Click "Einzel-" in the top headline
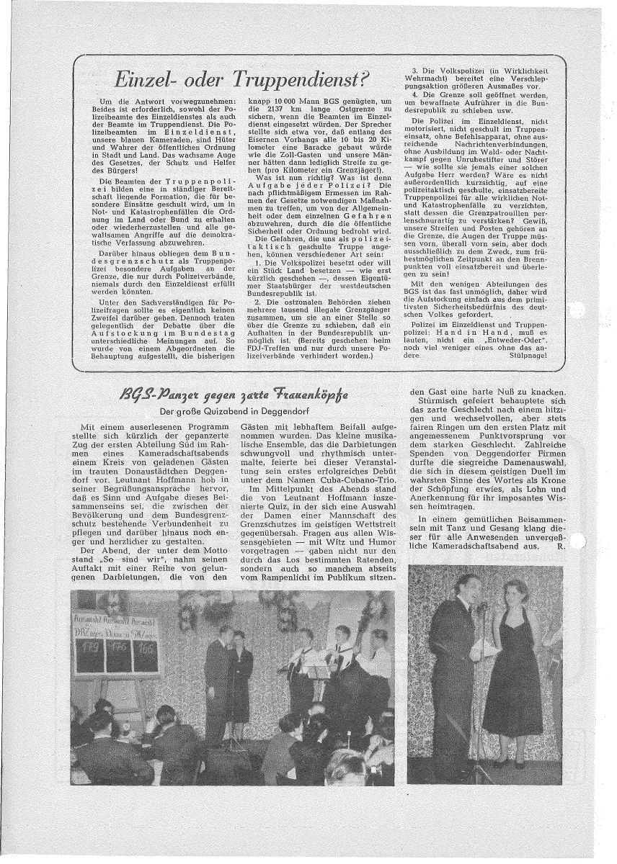[x=153, y=80]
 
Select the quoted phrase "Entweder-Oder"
[x=510, y=336]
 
